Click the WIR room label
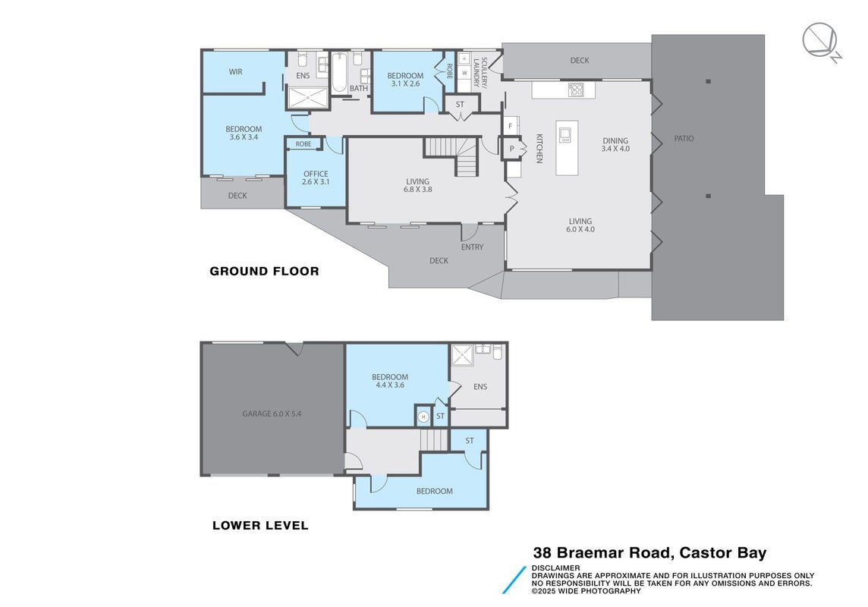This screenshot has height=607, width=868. click(236, 72)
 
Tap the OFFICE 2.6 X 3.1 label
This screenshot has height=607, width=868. click(316, 178)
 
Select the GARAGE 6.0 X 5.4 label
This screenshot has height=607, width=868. click(272, 414)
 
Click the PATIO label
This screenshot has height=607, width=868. click(684, 138)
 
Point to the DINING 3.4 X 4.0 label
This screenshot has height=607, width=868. click(615, 144)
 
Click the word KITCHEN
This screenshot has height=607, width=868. click(539, 148)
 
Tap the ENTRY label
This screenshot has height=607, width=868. click(472, 247)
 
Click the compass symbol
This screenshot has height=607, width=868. click(821, 41)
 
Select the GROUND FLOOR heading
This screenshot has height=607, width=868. click(264, 271)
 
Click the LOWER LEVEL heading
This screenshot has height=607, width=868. click(260, 525)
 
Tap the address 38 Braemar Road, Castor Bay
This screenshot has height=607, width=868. click(650, 553)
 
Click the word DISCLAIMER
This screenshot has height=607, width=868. click(556, 568)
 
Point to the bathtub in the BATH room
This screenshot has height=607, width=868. click(339, 73)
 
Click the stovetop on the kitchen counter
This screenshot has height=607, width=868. click(576, 90)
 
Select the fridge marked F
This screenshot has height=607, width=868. click(511, 126)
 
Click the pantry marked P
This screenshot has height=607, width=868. click(511, 148)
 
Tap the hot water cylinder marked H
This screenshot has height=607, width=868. click(423, 417)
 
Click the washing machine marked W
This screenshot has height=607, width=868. click(464, 73)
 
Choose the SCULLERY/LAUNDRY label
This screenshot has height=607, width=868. click(480, 72)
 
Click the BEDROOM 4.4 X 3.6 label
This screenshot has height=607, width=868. click(390, 381)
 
